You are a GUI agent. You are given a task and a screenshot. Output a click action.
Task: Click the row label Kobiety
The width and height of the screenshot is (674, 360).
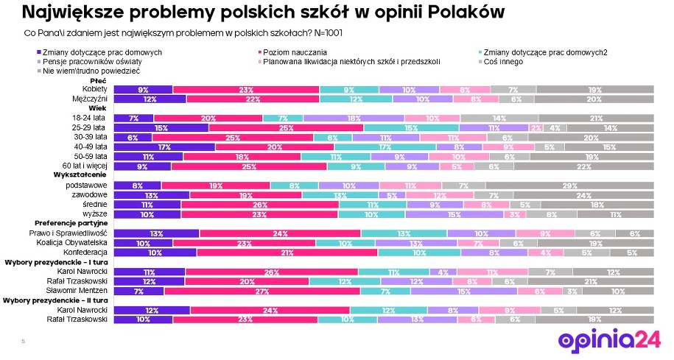point(95,89)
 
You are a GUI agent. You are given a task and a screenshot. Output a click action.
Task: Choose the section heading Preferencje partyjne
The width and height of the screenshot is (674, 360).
point(72,222)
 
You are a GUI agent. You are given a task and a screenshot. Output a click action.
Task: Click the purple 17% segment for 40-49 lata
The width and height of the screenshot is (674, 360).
point(166,147)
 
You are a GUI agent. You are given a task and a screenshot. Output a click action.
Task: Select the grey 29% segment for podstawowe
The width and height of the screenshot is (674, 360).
point(569,186)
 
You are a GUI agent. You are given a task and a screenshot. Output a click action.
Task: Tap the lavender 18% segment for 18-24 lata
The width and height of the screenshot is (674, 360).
point(354,118)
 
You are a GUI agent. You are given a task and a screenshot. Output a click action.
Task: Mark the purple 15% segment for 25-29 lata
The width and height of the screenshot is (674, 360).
point(162,127)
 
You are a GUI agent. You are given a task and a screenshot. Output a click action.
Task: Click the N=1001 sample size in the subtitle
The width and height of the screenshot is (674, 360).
point(326,34)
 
